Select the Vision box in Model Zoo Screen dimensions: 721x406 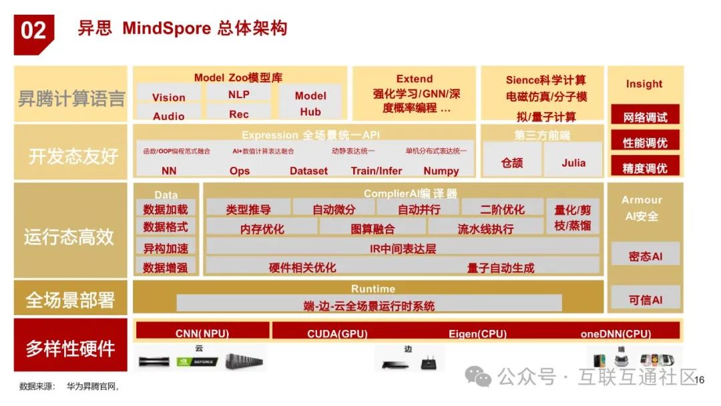168,97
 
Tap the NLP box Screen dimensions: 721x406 238,94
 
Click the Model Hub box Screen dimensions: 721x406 310,103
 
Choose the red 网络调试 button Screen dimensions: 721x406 645,117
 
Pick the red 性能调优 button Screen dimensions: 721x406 645,142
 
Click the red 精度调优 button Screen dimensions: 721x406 645,168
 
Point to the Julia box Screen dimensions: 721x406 573,162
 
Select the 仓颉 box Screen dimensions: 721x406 512,162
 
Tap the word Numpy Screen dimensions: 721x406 441,170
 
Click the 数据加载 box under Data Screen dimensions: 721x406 166,209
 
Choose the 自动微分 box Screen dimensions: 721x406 334,209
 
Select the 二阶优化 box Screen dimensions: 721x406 502,209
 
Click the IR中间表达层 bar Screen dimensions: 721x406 403,248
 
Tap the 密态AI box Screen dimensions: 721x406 645,256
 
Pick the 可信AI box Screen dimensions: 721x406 645,300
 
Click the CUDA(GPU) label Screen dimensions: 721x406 337,333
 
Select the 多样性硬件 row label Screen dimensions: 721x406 70,347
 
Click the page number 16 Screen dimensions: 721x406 700,379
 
